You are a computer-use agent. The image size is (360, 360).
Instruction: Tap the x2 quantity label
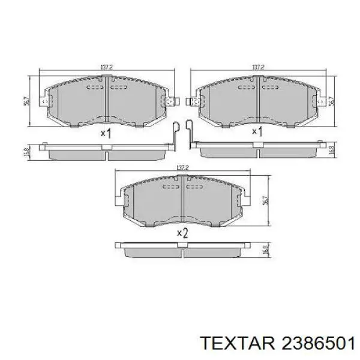[182, 233]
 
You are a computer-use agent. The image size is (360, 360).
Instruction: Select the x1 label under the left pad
[106, 133]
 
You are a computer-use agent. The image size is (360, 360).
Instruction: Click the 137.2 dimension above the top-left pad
[107, 67]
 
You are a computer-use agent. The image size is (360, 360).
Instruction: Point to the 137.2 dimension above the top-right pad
[258, 67]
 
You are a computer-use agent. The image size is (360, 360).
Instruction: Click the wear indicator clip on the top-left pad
[175, 135]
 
